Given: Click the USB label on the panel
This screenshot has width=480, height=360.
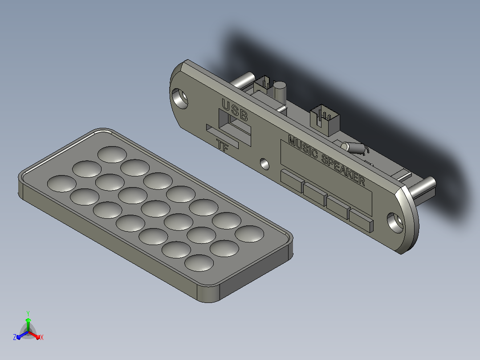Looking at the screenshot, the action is point(235,110).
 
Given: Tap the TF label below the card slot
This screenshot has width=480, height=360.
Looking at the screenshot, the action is point(222,145).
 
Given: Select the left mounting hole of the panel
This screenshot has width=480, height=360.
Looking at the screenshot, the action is point(180,98).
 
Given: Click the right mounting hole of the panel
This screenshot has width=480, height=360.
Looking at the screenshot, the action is point(395,223).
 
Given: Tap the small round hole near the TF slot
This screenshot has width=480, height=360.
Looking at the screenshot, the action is point(264,164).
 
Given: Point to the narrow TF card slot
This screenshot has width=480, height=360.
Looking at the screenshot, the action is point(222,137).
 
